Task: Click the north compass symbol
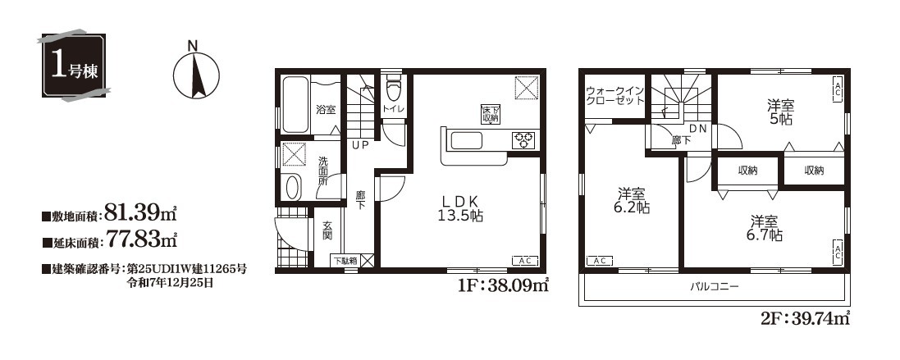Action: coord(196,74)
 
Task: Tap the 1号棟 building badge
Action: coord(71,65)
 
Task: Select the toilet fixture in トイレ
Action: coord(393,89)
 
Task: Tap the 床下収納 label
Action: coord(490,114)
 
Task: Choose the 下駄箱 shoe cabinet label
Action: coord(345,260)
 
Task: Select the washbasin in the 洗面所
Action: coord(293,187)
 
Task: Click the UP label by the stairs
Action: coord(360,145)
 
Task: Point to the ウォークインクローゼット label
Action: coord(614,96)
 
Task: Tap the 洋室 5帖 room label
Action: coord(780,112)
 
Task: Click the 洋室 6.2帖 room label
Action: coord(632,201)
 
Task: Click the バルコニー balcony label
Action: coord(714,286)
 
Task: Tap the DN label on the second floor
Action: coord(697,128)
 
